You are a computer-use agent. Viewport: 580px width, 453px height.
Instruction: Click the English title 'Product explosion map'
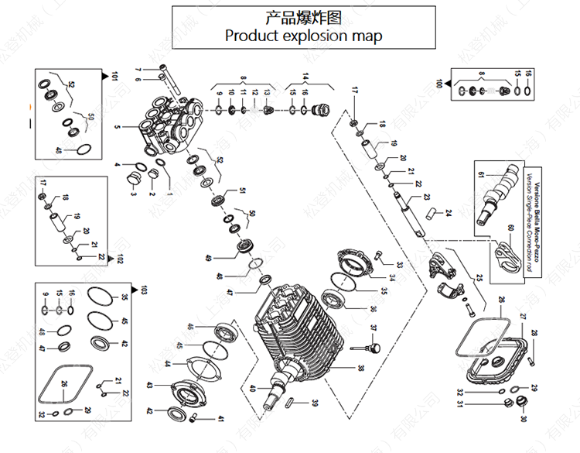(302, 36)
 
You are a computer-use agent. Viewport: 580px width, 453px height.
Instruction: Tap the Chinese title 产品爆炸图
(302, 16)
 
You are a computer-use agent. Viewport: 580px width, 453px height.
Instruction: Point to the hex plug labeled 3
(133, 182)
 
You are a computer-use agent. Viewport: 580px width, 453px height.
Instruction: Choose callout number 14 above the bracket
(305, 76)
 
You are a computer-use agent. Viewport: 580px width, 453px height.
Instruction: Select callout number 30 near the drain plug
(523, 419)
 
